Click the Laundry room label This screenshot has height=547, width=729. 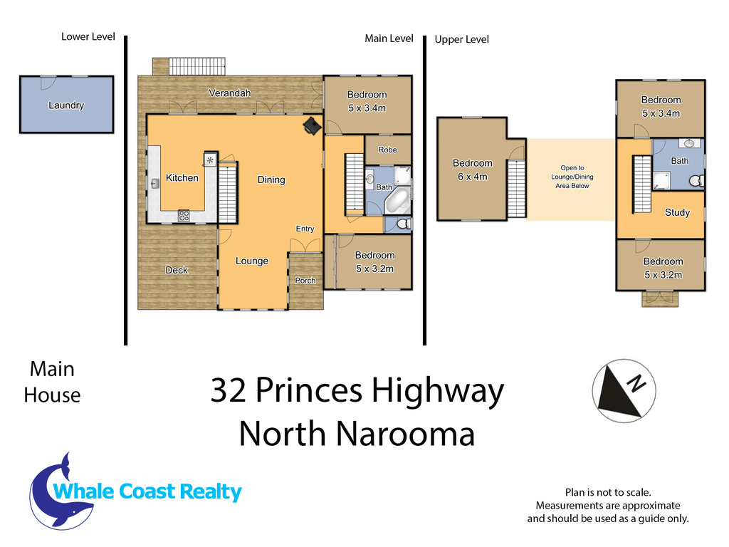[66, 105]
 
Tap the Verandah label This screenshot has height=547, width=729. [230, 93]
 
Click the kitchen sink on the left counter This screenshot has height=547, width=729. [154, 183]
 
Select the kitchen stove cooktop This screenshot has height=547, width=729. [184, 215]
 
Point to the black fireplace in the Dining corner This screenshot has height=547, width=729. [312, 125]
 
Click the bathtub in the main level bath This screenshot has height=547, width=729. [397, 201]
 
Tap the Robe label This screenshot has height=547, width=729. [387, 150]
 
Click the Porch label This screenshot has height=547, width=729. [305, 281]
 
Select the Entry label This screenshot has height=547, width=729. [305, 229]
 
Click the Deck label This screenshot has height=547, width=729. [177, 270]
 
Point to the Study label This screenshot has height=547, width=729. [677, 212]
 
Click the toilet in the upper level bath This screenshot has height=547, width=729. [696, 180]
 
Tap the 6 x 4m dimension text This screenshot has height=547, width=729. [473, 177]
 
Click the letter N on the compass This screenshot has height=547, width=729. [636, 383]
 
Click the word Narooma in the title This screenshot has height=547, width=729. [405, 434]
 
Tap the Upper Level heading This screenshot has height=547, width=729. [461, 40]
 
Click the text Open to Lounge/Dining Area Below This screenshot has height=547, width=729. [572, 177]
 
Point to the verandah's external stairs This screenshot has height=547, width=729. [197, 66]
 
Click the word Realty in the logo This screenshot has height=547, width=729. [211, 492]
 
